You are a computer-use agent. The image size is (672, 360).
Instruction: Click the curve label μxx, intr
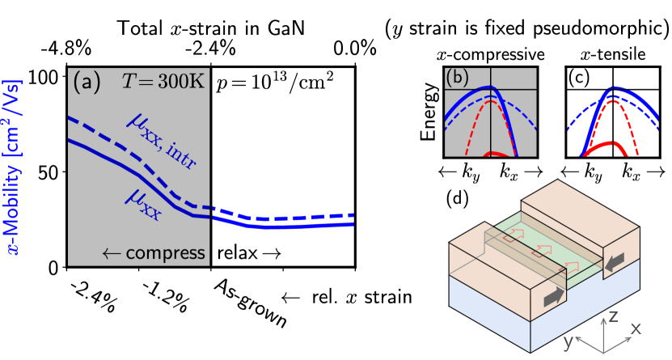coord(163,142)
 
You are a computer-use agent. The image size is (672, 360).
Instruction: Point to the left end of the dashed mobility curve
coord(70,119)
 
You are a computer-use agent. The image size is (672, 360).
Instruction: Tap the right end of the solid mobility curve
coord(352,225)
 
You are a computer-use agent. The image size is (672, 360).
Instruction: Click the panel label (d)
coord(459,198)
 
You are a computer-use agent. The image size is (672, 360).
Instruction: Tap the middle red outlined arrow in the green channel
coord(542,251)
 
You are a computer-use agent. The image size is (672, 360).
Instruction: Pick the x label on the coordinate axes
coord(636,328)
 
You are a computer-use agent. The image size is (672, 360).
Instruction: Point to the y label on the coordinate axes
coord(568,341)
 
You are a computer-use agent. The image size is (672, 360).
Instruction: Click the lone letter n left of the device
coord(408,298)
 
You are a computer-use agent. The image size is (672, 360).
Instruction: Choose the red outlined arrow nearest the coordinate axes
coord(572,266)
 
